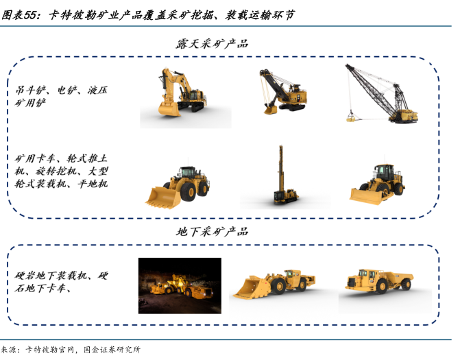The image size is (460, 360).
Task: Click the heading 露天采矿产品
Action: click(x=212, y=44)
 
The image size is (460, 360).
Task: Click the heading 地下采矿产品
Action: click(x=212, y=232)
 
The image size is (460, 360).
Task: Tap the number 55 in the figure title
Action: click(x=30, y=15)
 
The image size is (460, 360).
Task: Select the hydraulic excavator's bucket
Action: click(x=169, y=108)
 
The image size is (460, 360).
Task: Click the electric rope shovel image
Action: click(x=283, y=91)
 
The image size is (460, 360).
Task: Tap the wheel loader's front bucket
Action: click(x=163, y=197)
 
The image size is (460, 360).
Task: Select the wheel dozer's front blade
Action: click(x=366, y=196)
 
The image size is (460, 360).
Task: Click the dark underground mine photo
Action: click(x=180, y=286)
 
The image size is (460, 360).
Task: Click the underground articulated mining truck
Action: click(x=380, y=280)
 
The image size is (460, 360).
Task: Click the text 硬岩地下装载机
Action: click(x=51, y=276)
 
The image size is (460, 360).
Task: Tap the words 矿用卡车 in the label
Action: click(x=35, y=158)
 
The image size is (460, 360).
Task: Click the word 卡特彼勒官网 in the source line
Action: click(x=50, y=350)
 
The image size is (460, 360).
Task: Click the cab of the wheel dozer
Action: click(x=385, y=173)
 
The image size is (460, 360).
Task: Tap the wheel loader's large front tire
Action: click(x=188, y=192)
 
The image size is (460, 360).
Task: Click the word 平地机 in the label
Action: click(x=93, y=184)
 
